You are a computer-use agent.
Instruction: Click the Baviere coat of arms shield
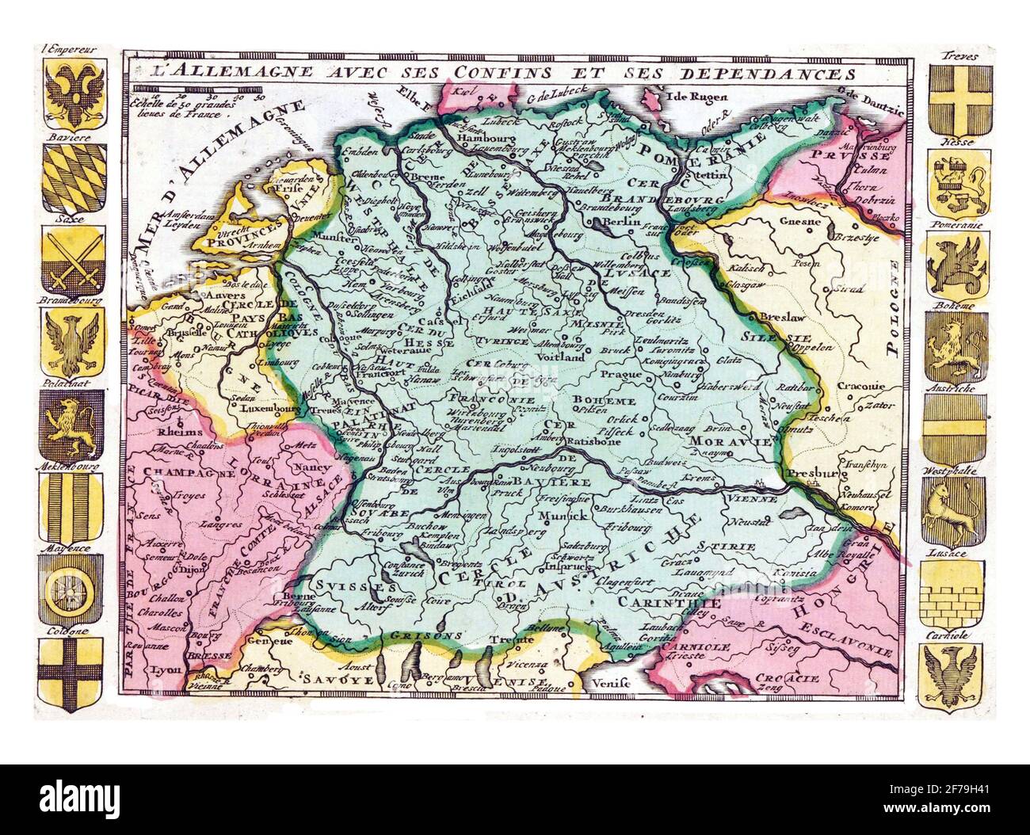(x=71, y=180)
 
